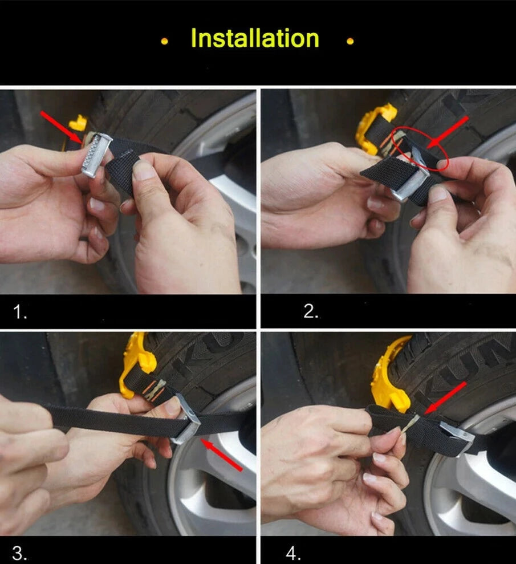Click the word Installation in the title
tap(255, 38)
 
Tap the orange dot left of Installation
tap(164, 42)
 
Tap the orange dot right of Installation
tap(350, 42)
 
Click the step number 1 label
tap(20, 312)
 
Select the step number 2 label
tap(311, 311)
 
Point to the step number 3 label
tap(19, 553)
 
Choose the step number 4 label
tap(294, 553)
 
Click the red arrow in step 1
tap(61, 127)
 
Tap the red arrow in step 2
tap(448, 132)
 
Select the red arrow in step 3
tap(221, 455)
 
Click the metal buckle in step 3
tap(186, 421)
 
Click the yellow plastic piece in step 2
tap(373, 128)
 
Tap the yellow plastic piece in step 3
tap(139, 363)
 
